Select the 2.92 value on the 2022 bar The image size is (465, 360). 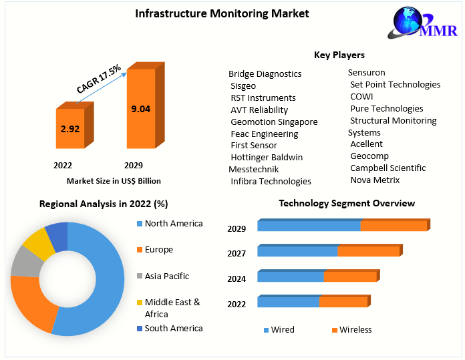tap(69, 128)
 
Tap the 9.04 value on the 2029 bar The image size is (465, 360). tap(140, 110)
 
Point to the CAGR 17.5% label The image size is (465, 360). tap(99, 79)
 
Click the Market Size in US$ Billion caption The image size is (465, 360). tap(114, 181)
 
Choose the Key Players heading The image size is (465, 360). tap(339, 55)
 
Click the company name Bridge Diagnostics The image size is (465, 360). tap(265, 73)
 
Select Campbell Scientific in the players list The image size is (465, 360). tap(387, 168)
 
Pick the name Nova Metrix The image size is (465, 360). tap(375, 180)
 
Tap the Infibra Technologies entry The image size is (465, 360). tap(271, 181)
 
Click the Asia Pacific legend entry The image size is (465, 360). tap(166, 276)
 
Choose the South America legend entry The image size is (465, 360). tap(173, 328)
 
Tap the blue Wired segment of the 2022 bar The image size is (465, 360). tap(288, 303)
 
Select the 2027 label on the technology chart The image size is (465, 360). tap(237, 253)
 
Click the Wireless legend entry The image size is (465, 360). tap(355, 329)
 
